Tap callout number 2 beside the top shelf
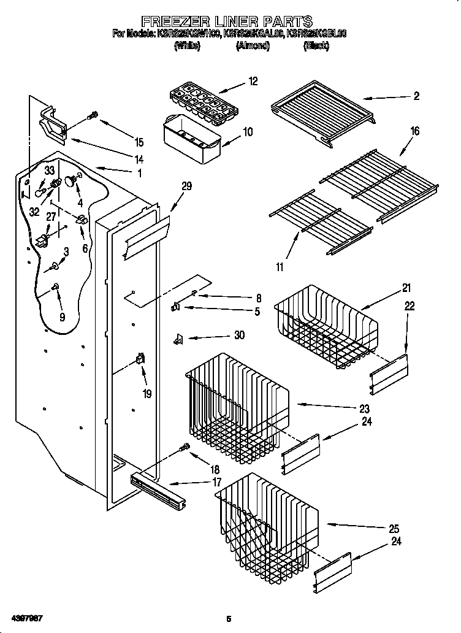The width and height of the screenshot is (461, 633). (x=416, y=96)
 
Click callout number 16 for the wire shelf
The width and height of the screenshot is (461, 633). (x=415, y=131)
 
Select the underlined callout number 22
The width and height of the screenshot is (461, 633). (x=410, y=305)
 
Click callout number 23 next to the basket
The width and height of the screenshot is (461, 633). (x=364, y=409)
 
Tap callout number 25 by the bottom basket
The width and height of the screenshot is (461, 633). (x=394, y=528)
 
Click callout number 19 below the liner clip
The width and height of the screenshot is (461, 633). (x=147, y=394)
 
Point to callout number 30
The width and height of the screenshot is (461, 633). (x=239, y=335)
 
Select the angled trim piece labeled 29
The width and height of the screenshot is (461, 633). (x=146, y=237)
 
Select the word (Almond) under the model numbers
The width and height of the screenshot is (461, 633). (x=253, y=46)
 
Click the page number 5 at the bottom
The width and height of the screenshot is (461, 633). (x=228, y=618)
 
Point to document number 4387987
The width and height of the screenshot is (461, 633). (x=26, y=615)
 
